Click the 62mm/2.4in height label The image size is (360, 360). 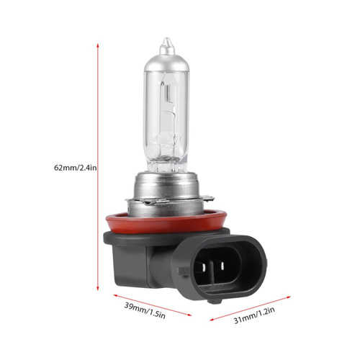(x=75, y=167)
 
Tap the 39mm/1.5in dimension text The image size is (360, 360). (x=145, y=311)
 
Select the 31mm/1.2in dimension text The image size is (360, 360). (x=254, y=315)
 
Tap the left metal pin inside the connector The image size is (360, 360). (x=204, y=267)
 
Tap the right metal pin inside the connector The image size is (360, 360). (x=222, y=265)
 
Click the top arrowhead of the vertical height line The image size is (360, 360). (x=98, y=46)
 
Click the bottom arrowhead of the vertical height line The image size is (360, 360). (x=98, y=288)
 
